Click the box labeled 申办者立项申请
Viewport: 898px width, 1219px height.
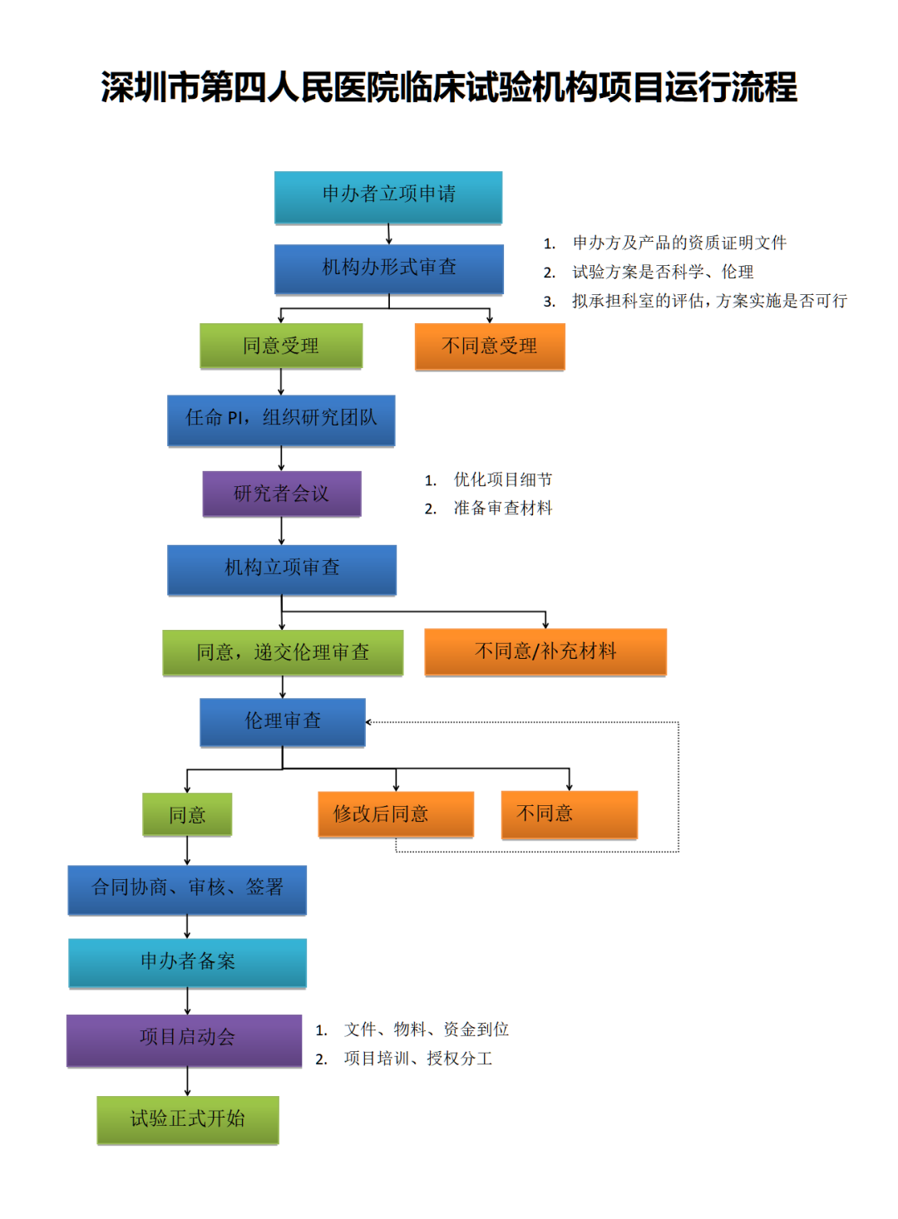tap(388, 197)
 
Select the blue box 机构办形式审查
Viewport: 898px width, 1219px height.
tap(388, 268)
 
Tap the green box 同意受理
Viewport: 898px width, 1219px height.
tap(281, 346)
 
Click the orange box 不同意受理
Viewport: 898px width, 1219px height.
tap(490, 346)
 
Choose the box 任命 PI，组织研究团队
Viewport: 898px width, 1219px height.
tap(281, 420)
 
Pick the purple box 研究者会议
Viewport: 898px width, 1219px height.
tap(281, 494)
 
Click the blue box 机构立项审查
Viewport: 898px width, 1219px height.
tap(281, 569)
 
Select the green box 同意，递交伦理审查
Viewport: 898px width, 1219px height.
tap(283, 652)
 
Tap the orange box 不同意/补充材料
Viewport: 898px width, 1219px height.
tap(545, 651)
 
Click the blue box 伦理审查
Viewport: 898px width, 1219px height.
tap(283, 721)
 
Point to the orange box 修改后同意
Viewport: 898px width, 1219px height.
tap(396, 813)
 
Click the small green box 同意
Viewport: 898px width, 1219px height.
tap(187, 814)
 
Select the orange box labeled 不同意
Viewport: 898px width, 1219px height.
tap(569, 813)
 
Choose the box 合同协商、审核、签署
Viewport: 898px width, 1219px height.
tap(187, 889)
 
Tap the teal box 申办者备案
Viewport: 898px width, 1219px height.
tap(187, 962)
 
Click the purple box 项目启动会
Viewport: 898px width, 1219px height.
tap(185, 1039)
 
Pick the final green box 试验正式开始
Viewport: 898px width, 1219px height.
tap(187, 1119)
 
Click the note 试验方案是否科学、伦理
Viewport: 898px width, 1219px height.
tap(663, 272)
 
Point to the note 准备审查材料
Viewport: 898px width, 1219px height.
tap(502, 508)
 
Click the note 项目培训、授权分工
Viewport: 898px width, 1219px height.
tap(417, 1059)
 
